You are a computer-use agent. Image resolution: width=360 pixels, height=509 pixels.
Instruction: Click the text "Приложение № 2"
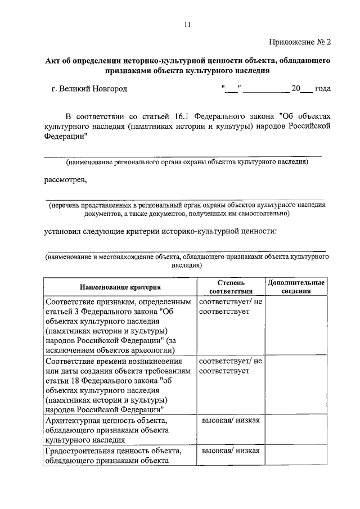(300, 42)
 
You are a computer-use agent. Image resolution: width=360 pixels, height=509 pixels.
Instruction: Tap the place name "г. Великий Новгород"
(89, 89)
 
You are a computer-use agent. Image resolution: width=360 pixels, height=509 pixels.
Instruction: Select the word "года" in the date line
(322, 89)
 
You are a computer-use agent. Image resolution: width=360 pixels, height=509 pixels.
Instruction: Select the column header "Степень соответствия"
(229, 287)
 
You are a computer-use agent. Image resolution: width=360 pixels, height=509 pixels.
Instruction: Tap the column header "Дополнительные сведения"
(296, 287)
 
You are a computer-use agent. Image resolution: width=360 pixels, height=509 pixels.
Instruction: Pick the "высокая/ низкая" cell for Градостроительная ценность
(230, 451)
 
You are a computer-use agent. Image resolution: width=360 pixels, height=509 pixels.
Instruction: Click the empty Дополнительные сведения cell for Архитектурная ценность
(296, 431)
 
